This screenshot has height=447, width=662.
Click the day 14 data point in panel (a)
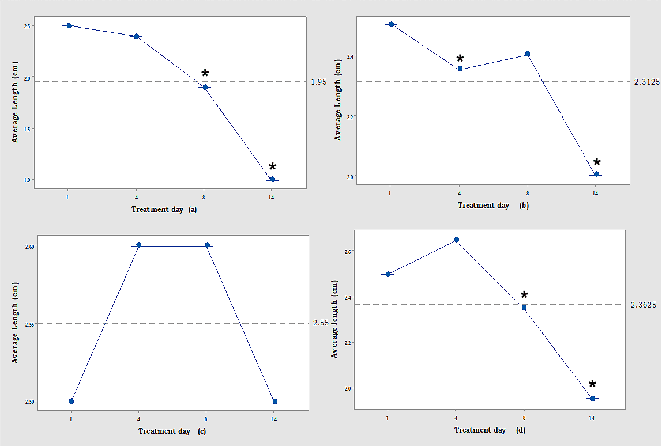click(272, 179)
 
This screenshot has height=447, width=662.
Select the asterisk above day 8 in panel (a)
click(205, 74)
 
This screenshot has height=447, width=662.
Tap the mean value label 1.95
click(318, 82)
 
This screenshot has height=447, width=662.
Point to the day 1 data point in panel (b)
click(391, 24)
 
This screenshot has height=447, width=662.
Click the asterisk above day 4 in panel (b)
click(460, 59)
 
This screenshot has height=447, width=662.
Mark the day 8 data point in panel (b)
click(527, 54)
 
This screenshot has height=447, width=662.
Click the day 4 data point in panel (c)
click(138, 245)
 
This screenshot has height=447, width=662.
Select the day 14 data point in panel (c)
click(275, 401)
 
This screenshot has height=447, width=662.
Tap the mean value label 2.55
click(321, 324)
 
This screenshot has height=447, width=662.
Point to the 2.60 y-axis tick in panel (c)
click(29, 246)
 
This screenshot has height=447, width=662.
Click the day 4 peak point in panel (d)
click(456, 240)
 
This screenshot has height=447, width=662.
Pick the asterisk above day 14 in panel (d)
click(592, 385)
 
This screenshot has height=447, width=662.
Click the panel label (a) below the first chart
click(193, 210)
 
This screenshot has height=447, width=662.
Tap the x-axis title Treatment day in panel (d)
click(480, 430)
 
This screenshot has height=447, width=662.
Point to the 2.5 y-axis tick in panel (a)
click(27, 26)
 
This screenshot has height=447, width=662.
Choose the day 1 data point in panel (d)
click(388, 274)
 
